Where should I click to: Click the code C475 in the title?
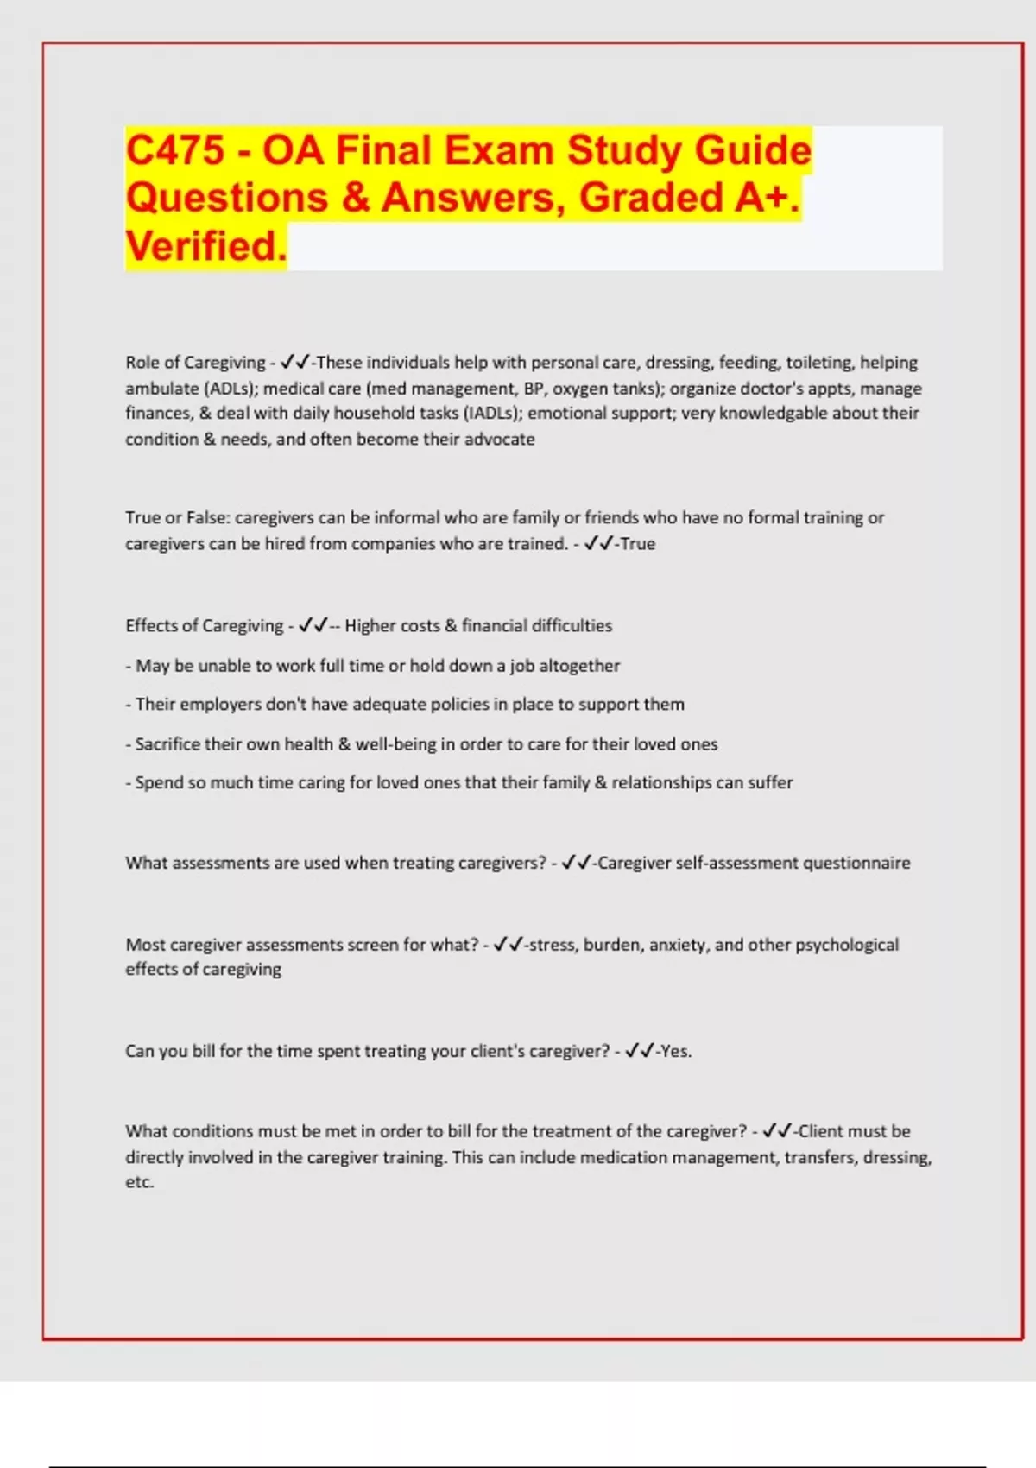click(175, 150)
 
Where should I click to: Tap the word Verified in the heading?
click(205, 246)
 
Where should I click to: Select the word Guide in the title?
click(752, 150)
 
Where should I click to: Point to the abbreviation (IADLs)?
click(492, 414)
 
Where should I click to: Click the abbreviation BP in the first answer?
click(533, 389)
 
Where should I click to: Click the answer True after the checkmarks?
click(638, 544)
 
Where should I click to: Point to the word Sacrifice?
click(173, 744)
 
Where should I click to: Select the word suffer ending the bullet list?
click(770, 783)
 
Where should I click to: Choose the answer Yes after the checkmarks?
click(675, 1052)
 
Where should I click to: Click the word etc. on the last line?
click(139, 1182)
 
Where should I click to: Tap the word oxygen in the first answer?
click(580, 389)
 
